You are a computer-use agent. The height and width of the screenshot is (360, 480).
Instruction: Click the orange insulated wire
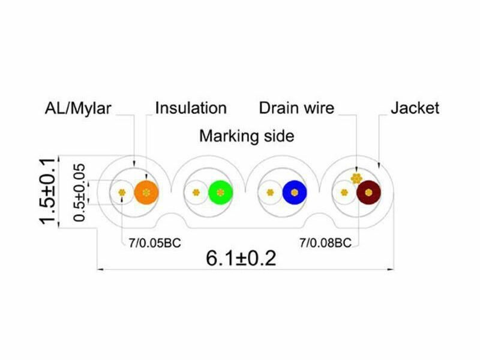tap(146, 192)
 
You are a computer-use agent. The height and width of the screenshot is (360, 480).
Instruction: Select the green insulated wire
tap(220, 192)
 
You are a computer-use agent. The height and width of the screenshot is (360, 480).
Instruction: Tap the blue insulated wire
tap(295, 192)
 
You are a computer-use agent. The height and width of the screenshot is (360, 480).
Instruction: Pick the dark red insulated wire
tap(368, 192)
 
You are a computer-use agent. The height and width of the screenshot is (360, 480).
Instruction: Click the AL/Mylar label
tap(78, 109)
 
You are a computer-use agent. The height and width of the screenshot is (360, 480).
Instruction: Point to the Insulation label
tap(191, 108)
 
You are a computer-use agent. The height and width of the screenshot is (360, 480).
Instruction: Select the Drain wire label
tap(296, 108)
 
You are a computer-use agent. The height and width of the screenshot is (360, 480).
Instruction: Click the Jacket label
tap(415, 108)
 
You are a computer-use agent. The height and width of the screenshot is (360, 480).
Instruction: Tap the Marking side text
tap(247, 136)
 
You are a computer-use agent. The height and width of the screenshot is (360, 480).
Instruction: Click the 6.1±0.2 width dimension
tap(241, 258)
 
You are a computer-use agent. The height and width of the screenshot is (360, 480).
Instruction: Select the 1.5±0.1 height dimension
tap(47, 191)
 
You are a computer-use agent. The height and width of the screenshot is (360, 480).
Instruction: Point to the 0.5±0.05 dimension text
tap(80, 192)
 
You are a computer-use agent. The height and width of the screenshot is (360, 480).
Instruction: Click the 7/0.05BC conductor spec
tap(155, 243)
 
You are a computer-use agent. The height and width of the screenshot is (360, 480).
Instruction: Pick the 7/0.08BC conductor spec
tap(325, 243)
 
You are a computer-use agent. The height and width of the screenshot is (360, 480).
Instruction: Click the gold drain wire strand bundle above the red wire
tap(356, 178)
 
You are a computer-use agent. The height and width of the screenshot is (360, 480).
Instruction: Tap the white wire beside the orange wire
tap(122, 192)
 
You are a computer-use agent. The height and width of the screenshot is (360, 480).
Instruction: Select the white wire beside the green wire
tap(196, 192)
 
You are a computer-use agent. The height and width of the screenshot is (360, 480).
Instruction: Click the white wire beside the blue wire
tap(270, 192)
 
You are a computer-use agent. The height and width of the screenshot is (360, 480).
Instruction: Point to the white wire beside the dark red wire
tap(344, 192)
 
